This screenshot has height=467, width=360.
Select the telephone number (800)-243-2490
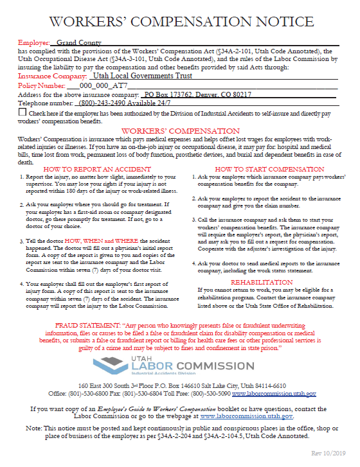pyautogui.click(x=104, y=103)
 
